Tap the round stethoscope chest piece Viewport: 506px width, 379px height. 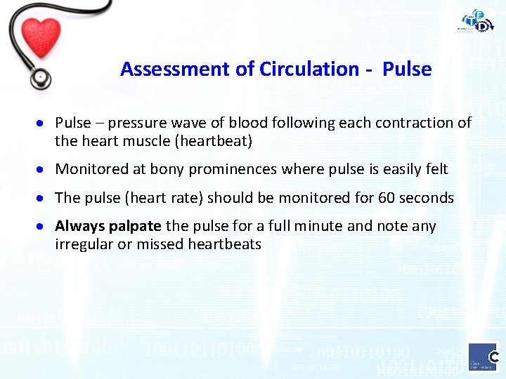coord(40,77)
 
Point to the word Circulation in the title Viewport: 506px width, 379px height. coord(309,69)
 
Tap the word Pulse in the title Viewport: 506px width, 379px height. coord(407,69)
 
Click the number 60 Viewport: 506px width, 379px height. coord(387,198)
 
